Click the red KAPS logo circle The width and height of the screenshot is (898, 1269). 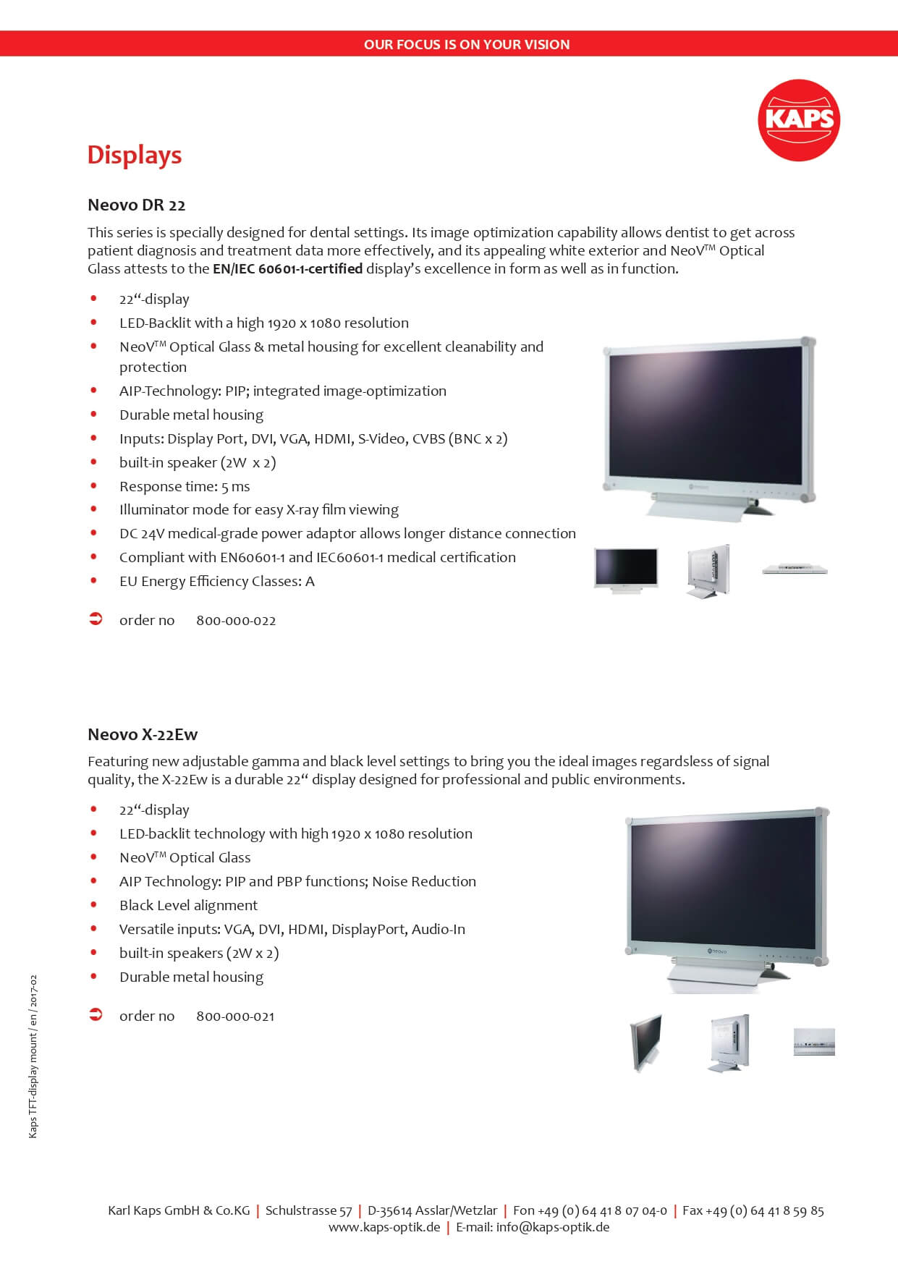799,120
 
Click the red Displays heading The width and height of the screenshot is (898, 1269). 135,155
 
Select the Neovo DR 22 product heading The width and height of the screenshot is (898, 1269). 137,205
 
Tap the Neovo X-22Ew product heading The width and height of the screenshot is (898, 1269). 143,734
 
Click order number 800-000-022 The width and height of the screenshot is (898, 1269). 236,621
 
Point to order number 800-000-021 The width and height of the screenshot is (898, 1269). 235,1017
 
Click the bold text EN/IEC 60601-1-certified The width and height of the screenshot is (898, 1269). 287,268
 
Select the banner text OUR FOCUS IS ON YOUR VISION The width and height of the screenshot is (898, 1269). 467,44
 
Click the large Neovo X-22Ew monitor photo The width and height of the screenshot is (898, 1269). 727,897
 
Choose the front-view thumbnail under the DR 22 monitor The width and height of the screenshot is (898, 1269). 626,570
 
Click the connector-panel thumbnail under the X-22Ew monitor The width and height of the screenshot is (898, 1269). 814,1042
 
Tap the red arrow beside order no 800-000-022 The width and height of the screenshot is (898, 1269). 96,619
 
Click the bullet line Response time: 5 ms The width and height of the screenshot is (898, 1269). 185,486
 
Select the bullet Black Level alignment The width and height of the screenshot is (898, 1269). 188,905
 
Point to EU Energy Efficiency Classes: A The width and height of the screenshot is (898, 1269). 216,581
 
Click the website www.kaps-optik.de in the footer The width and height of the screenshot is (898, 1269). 384,1227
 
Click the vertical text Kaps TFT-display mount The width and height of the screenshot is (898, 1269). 33,1056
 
